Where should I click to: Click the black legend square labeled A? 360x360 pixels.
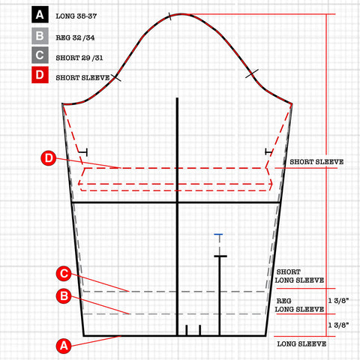click(40, 14)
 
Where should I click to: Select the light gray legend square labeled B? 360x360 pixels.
click(40, 36)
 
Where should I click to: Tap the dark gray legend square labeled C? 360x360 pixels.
click(40, 55)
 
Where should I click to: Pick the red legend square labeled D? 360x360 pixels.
click(40, 74)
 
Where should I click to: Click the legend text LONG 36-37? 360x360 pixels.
click(76, 16)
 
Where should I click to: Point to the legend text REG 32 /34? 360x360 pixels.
click(75, 37)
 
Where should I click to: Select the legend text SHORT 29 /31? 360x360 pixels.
click(79, 58)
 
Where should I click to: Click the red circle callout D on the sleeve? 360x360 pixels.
click(49, 158)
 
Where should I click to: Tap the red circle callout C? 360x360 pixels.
click(64, 274)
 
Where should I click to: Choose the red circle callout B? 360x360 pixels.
click(64, 296)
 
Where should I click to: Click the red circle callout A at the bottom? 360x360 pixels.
click(64, 346)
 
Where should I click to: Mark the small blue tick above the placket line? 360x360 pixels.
click(218, 234)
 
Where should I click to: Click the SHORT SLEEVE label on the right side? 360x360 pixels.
click(316, 162)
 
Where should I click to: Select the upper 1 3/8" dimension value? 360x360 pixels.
click(338, 301)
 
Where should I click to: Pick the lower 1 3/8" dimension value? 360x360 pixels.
click(338, 325)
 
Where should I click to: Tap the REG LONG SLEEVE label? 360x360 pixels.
click(299, 305)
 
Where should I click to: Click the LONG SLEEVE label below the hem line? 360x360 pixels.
click(301, 344)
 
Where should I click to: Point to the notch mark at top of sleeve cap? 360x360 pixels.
click(170, 16)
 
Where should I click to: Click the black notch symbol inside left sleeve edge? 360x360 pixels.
click(83, 152)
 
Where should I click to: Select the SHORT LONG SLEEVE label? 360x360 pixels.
click(299, 276)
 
